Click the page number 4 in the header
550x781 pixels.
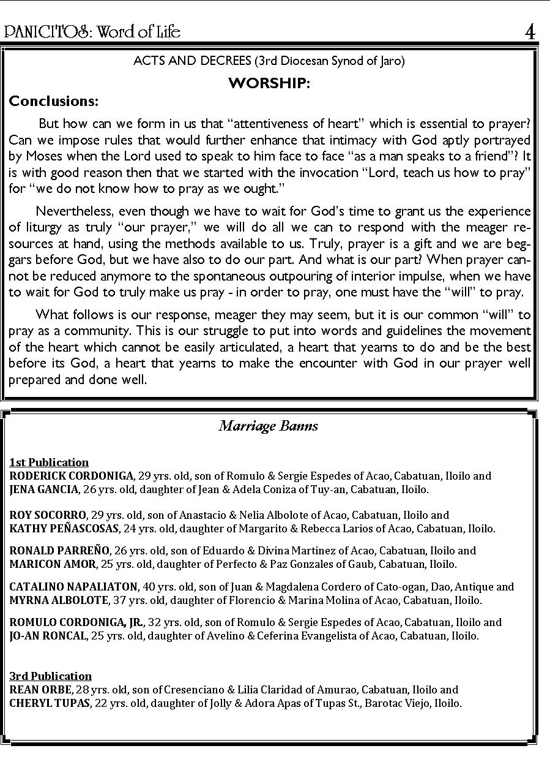tap(530, 32)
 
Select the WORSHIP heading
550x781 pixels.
tap(269, 83)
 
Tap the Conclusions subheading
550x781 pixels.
tap(54, 100)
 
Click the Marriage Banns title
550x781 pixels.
tap(269, 426)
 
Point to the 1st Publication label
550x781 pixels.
tap(49, 462)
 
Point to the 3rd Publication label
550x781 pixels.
tap(50, 676)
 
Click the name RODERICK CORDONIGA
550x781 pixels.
tap(72, 476)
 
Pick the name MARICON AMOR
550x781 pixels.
tap(53, 564)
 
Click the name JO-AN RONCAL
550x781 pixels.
tap(48, 636)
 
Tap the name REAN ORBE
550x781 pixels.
tap(40, 690)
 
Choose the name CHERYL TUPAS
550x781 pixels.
tap(50, 703)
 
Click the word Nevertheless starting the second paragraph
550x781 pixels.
tap(69, 211)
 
